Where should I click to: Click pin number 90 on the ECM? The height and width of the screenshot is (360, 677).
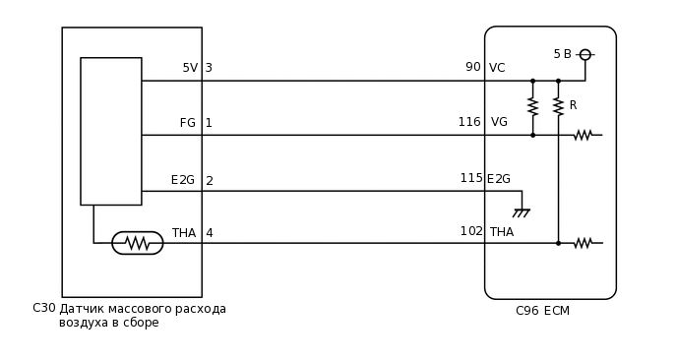pos(473,67)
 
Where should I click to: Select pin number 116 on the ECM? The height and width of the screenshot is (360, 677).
pos(469,122)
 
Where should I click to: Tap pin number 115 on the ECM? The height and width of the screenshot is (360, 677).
pos(471,178)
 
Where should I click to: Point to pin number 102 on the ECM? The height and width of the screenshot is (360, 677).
pos(471,231)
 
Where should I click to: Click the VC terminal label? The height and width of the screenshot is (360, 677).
pos(497,68)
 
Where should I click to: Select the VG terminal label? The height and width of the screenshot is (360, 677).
pos(499,122)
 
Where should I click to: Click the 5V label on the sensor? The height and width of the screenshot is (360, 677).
pos(190,68)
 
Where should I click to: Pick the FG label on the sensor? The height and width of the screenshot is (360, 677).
pos(187,123)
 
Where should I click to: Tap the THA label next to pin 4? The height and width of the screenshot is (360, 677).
pos(184,233)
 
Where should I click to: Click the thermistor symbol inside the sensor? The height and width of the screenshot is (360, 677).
pos(138,243)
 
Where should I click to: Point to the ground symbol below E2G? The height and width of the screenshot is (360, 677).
pos(522,211)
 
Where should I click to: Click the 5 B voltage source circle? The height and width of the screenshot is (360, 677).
pos(585,55)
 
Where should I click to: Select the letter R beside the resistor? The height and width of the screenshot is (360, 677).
pos(573,105)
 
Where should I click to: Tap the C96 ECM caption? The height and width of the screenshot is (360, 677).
pos(542,311)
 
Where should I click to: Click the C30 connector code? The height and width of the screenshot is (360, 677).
pos(44,308)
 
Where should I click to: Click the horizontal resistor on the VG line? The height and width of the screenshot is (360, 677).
pos(583,135)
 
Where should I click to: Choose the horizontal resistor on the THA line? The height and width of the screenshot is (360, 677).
pos(583,243)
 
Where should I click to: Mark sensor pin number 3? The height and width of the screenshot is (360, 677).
pos(209,68)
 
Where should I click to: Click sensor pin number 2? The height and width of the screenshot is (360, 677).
pos(209,181)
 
